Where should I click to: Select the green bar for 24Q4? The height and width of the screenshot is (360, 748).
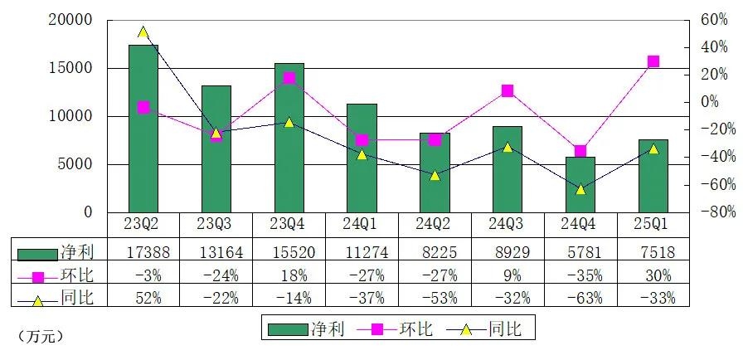point(580,184)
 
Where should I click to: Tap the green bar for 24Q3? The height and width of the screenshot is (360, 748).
point(508,169)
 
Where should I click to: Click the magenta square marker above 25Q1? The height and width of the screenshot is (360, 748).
point(653,61)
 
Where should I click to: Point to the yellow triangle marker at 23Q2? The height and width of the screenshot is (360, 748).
point(143,32)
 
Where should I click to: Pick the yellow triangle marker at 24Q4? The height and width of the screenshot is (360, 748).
point(580,189)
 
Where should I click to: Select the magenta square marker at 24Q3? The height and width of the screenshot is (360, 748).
point(508,90)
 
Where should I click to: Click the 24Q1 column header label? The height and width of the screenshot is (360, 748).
point(362,224)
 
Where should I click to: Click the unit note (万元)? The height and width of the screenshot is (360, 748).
point(40,336)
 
